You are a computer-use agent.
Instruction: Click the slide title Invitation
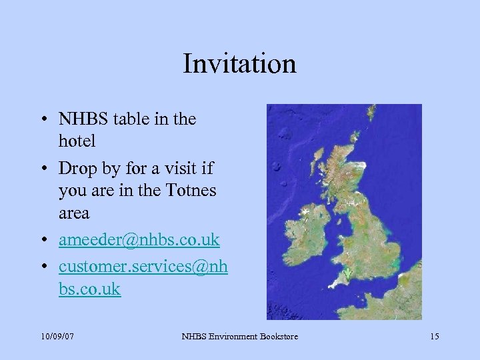click(x=239, y=64)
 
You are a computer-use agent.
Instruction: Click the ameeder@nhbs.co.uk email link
click(x=139, y=239)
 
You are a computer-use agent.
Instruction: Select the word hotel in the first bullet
click(x=77, y=141)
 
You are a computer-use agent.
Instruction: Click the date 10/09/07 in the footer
click(x=57, y=336)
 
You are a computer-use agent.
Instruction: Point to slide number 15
click(x=434, y=336)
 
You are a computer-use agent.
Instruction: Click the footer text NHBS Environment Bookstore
click(x=240, y=336)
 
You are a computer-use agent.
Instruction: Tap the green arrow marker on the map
click(x=348, y=273)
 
